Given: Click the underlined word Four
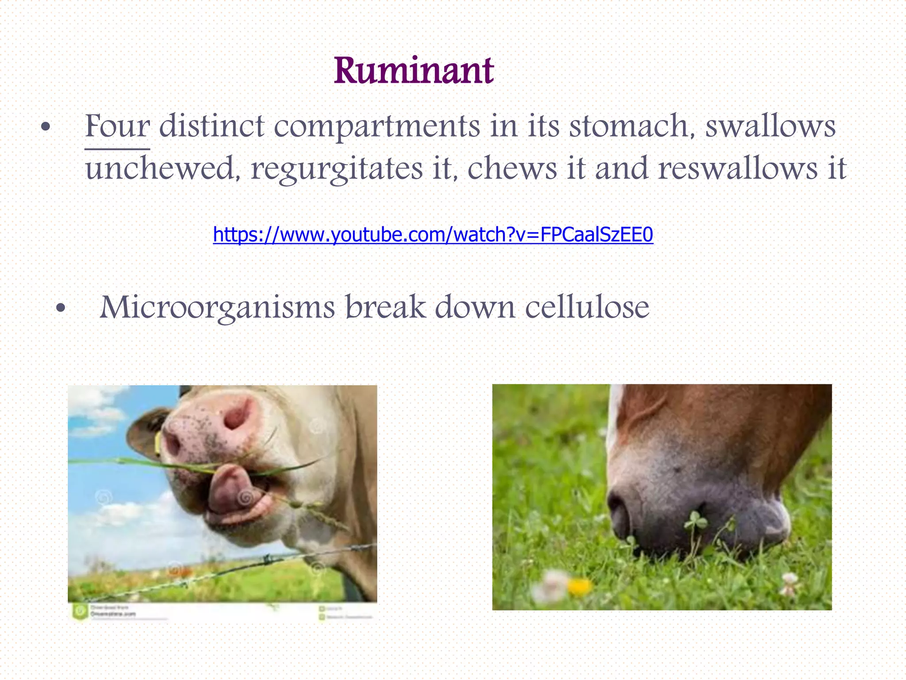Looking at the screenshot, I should pos(117,126).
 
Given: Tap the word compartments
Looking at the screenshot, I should pos(377,127).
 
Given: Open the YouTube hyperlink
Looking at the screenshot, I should pos(433,235).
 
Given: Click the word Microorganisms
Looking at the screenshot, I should pos(217,307).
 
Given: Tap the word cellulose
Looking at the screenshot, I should pos(587,307).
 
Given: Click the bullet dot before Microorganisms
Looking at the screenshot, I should pos(61,308).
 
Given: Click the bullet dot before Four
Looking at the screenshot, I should pos(45,128).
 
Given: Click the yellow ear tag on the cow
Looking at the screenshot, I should pos(158,443).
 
